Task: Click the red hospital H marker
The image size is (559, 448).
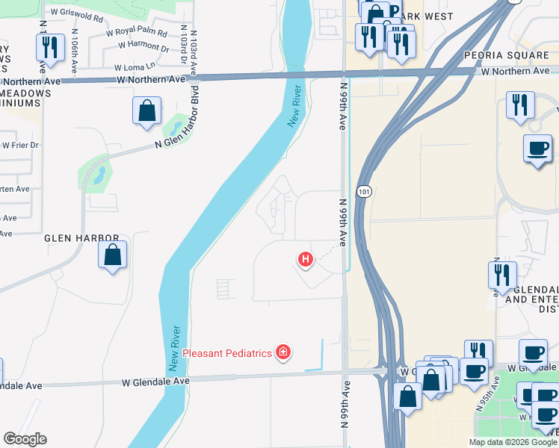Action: coord(305,260)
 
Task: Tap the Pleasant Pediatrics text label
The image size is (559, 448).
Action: coord(227,352)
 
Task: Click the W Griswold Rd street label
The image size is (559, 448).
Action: coord(78,14)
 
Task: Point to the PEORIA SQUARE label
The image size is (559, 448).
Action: coord(506,55)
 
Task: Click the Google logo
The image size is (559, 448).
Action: coord(25,438)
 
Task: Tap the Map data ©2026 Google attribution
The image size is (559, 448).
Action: coord(512,442)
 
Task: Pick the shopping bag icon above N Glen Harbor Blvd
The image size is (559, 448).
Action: coord(147,111)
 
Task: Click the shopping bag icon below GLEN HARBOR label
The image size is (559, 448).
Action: coord(112,255)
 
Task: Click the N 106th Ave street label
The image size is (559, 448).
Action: coord(75,51)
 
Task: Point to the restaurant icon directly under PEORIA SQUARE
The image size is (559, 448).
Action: coord(520,105)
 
